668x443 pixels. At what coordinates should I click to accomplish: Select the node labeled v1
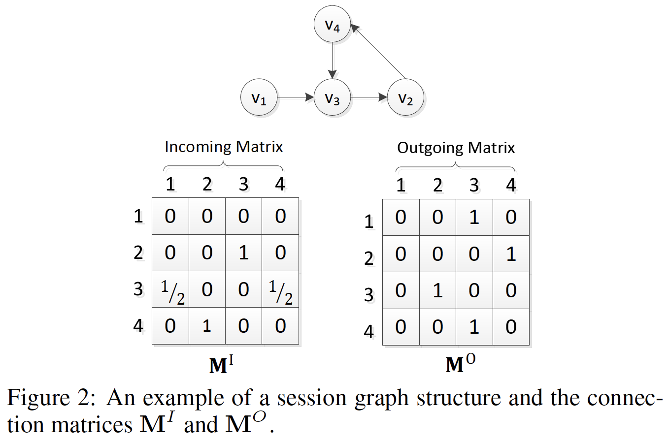point(259,97)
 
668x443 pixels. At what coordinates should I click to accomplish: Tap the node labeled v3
point(332,97)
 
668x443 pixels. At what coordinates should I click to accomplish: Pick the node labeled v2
point(405,97)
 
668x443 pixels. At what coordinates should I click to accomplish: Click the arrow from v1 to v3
point(296,97)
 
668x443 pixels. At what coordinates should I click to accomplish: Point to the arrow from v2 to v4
point(378,52)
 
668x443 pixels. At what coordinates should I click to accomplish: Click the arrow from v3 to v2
point(369,97)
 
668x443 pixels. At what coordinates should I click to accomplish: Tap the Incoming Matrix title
point(224,147)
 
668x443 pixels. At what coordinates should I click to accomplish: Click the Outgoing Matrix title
point(456,148)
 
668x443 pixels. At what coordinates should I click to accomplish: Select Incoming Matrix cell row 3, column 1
point(170,289)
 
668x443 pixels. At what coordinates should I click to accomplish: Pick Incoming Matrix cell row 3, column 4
point(280,289)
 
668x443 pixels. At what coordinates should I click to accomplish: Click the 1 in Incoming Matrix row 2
point(243,253)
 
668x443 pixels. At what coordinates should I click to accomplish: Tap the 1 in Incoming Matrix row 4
point(207,326)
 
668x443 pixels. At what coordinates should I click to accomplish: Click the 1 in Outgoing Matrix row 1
point(474,217)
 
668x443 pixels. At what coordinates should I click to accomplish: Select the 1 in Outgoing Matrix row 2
point(511,254)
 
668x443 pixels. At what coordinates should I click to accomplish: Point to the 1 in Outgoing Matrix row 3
point(437,290)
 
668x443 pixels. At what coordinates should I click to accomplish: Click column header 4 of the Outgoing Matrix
point(511,185)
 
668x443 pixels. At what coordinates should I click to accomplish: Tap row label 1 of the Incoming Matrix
point(138,216)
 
